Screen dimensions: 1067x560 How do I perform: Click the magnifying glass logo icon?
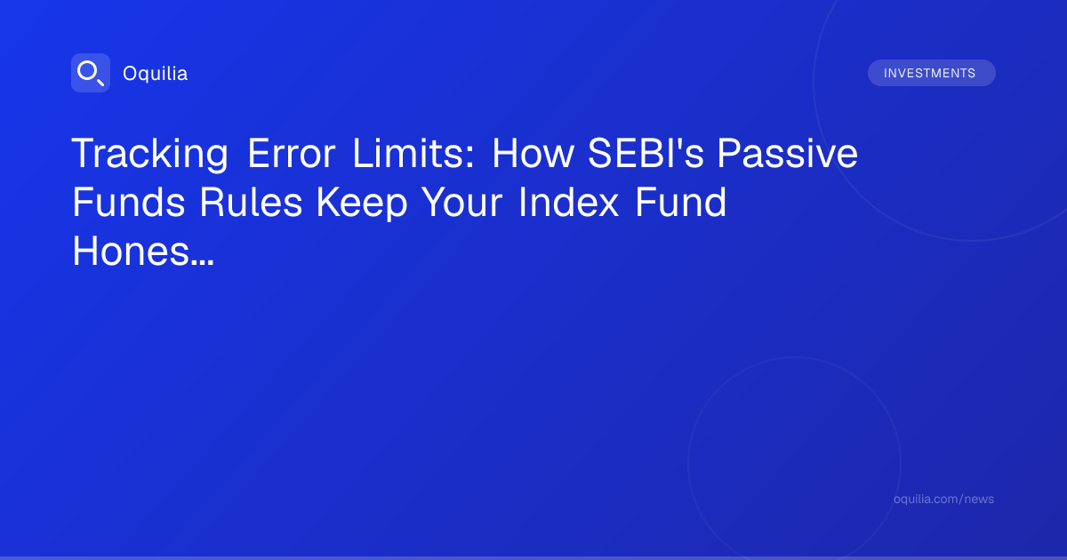pyautogui.click(x=91, y=73)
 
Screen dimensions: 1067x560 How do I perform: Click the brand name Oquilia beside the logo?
pyautogui.click(x=156, y=74)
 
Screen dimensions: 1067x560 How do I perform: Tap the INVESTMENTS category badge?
pyautogui.click(x=931, y=73)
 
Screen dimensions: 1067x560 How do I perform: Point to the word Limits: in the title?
pyautogui.click(x=413, y=153)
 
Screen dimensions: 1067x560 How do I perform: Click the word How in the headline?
pyautogui.click(x=533, y=153)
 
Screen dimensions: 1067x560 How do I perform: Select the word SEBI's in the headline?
pyautogui.click(x=646, y=153)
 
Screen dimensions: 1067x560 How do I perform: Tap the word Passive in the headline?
pyautogui.click(x=788, y=153)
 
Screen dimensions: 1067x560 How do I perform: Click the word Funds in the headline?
pyautogui.click(x=129, y=203)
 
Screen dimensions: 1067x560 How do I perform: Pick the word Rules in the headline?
pyautogui.click(x=251, y=203)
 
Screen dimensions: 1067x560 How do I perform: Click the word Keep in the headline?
pyautogui.click(x=362, y=204)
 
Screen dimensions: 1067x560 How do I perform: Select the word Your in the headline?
pyautogui.click(x=462, y=203)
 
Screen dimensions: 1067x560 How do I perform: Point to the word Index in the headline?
pyautogui.click(x=568, y=203)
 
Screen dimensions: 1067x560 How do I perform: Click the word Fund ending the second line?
pyautogui.click(x=681, y=203)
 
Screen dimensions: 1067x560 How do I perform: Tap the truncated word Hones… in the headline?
pyautogui.click(x=143, y=251)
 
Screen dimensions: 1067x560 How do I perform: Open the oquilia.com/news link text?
pyautogui.click(x=943, y=499)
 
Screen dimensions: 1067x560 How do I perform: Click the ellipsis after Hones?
pyautogui.click(x=202, y=263)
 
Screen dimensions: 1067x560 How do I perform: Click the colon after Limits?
pyautogui.click(x=470, y=157)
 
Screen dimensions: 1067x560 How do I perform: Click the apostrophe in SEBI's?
pyautogui.click(x=677, y=142)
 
